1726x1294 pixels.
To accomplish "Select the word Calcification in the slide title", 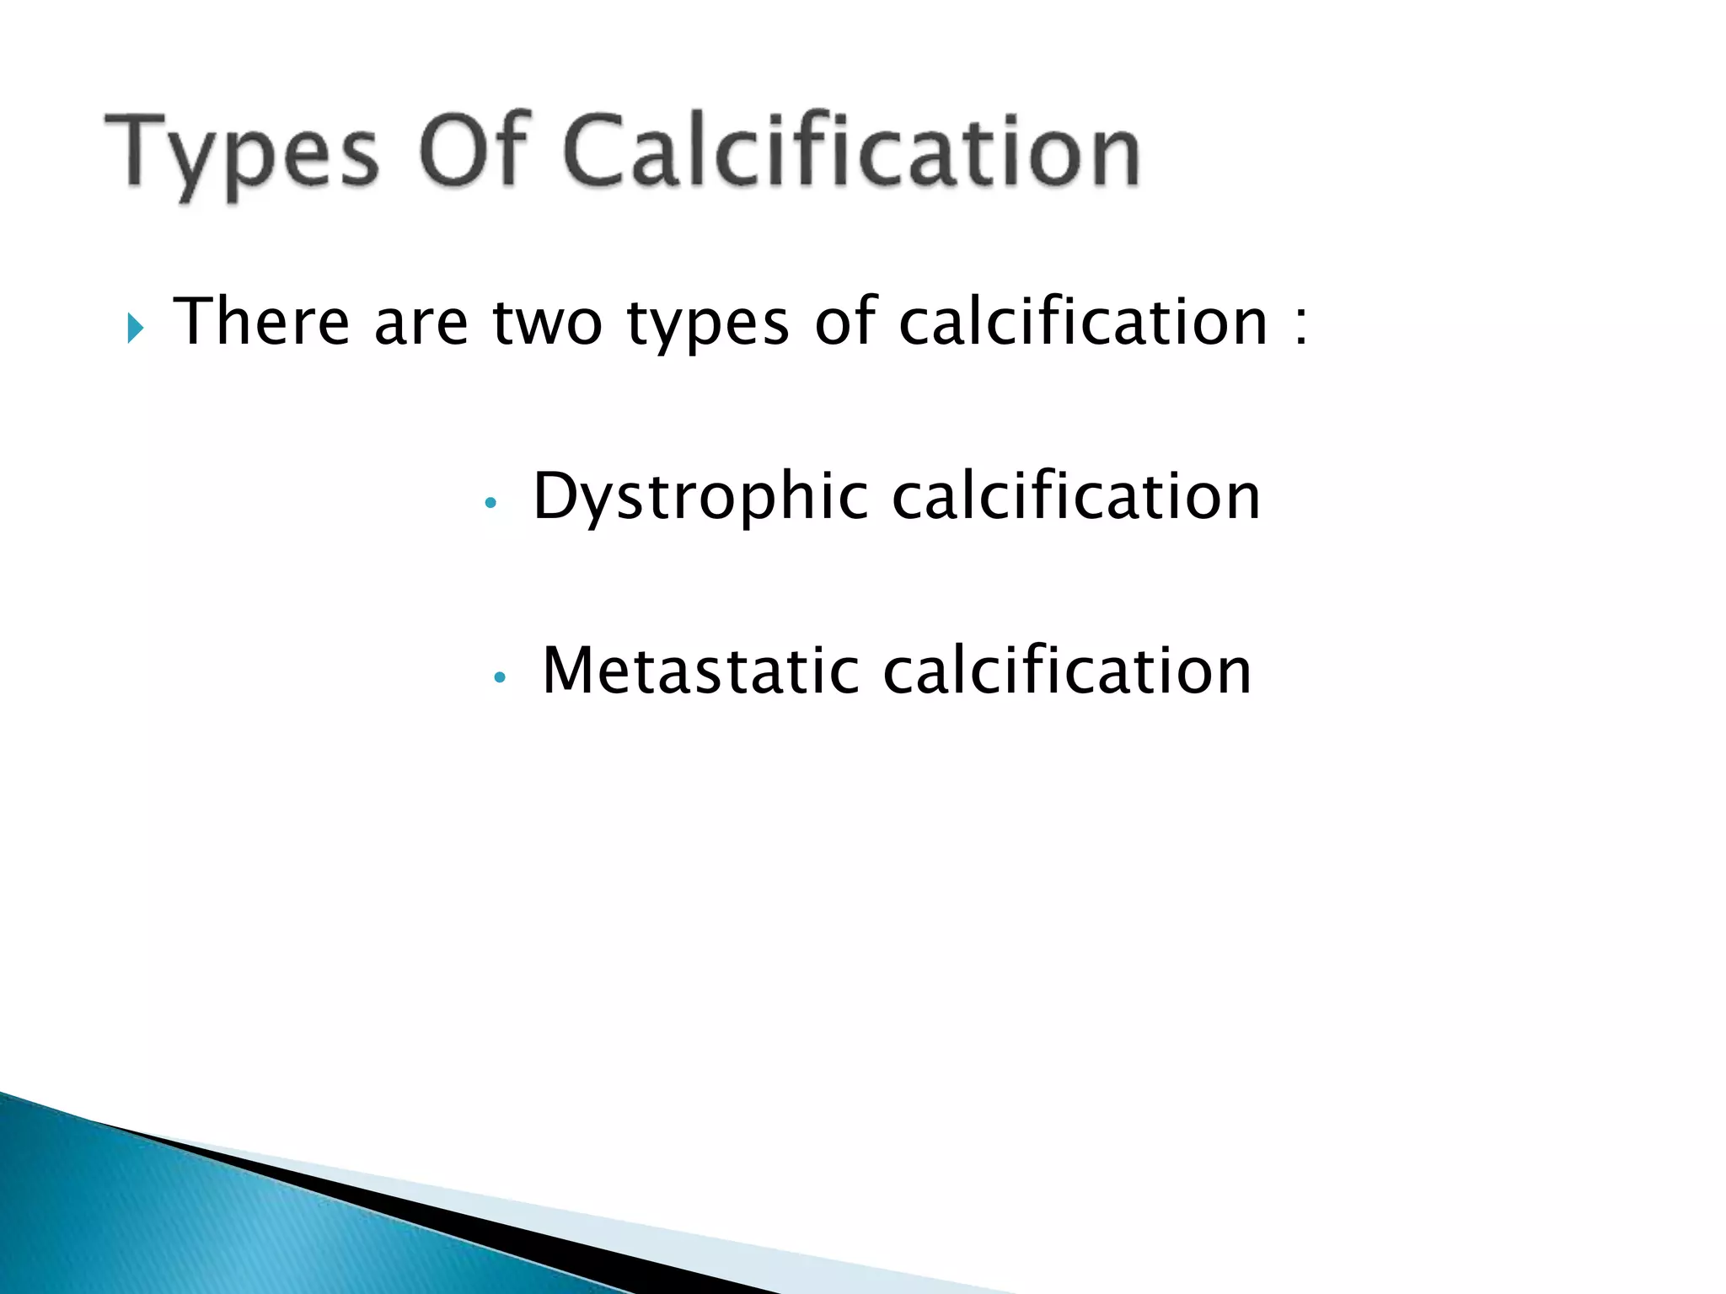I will click(x=851, y=149).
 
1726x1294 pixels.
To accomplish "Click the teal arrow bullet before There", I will click(x=136, y=328).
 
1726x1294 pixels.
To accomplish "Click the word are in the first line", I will click(x=421, y=323).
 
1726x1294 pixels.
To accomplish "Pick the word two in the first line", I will click(x=548, y=323).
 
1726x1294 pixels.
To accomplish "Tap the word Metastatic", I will click(x=700, y=671).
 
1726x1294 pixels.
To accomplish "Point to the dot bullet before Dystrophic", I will click(x=490, y=504).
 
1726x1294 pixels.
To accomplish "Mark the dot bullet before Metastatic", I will click(x=500, y=676).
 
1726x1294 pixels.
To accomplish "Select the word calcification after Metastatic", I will click(x=1067, y=671).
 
